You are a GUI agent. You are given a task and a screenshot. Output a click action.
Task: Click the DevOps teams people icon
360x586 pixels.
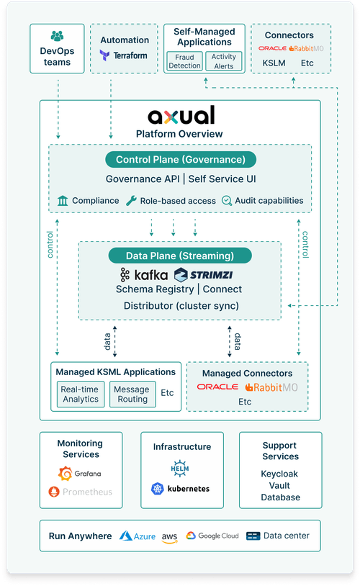coord(57,36)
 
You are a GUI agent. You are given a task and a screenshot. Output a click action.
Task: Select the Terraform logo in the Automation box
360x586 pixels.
coord(123,55)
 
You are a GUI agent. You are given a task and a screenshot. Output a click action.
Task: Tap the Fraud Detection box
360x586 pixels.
coord(184,61)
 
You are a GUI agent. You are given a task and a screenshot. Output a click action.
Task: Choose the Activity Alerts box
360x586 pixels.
coord(223,61)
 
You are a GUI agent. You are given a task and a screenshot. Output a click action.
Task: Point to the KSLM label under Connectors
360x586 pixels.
coord(274,63)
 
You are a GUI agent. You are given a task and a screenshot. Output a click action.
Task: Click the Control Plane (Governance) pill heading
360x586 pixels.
coord(181,160)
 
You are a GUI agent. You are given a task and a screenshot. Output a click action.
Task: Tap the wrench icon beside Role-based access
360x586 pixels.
coord(131,201)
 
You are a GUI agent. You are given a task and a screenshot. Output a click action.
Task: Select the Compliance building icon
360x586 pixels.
coord(63,201)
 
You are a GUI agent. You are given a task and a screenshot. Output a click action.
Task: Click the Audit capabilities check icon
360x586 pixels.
coord(227,201)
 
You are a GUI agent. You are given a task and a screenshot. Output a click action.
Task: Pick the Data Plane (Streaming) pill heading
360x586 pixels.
coord(180,256)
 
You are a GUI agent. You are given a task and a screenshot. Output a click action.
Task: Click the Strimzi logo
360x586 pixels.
coord(203,275)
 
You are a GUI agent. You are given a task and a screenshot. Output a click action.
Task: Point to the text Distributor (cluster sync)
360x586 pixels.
coord(181,306)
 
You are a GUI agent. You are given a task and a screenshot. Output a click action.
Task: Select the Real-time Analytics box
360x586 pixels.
coord(81,395)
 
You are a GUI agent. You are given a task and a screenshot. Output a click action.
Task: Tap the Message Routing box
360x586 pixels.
coord(132,395)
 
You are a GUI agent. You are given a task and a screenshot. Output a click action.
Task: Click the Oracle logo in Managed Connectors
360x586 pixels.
coord(217,387)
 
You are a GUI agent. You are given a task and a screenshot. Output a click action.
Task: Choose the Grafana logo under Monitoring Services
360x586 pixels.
coord(80,474)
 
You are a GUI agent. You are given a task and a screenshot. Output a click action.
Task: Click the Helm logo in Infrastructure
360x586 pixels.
coord(180,469)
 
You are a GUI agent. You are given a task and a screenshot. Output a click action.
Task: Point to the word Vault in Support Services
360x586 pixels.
coord(279,485)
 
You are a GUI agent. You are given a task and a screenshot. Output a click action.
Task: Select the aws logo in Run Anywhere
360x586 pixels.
coord(169,538)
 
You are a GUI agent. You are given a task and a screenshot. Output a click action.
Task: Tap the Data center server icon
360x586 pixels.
coord(253,536)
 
